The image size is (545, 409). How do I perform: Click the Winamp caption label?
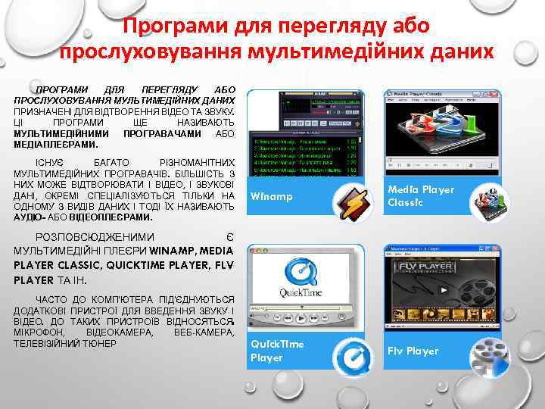pos(270,198)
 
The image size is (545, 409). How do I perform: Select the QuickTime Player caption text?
pos(277,351)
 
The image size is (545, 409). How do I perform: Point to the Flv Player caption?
pos(413,351)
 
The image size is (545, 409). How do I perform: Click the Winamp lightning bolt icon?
pos(352,204)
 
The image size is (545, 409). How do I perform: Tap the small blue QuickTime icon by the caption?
pos(352,356)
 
